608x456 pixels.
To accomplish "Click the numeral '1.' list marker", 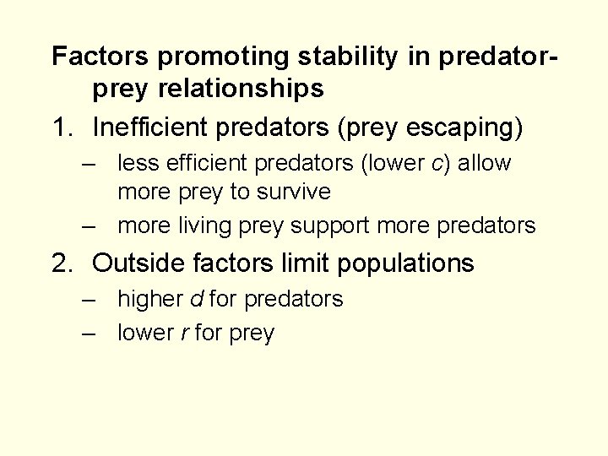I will point(66,128).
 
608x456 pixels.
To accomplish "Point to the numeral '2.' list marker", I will point(66,263).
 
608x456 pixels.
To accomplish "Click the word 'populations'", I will point(405,264).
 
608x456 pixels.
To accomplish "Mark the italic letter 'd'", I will point(196,299).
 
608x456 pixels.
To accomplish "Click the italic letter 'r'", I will point(184,334).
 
